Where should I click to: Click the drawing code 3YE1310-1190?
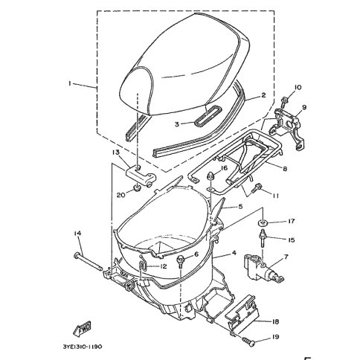click(x=82, y=347)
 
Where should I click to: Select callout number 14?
click(x=77, y=234)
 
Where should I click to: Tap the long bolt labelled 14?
click(x=88, y=261)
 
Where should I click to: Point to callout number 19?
click(x=275, y=337)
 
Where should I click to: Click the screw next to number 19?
click(x=248, y=341)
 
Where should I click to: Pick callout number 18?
click(x=275, y=321)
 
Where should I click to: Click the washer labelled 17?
click(x=262, y=223)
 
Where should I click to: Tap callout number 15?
click(x=291, y=240)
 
